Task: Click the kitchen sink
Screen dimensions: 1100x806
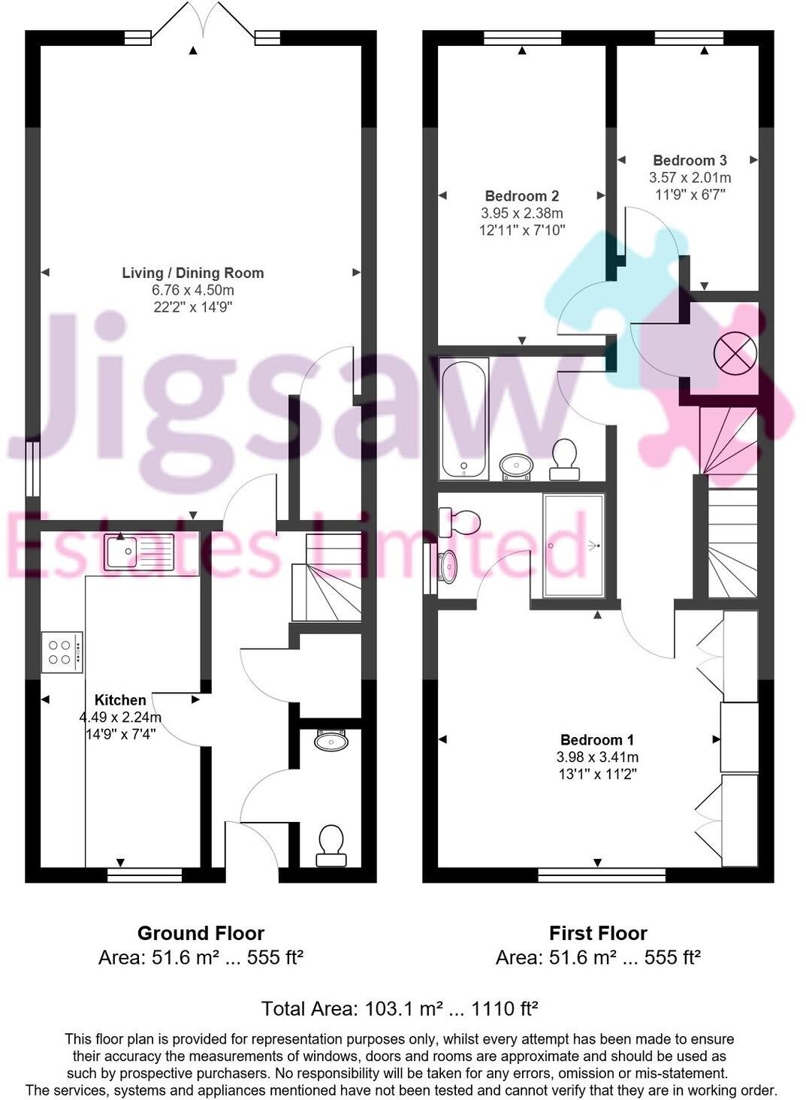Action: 139,551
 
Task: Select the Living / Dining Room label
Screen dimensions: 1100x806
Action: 193,273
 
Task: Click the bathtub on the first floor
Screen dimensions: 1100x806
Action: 464,418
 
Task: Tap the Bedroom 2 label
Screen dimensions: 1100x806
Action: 521,196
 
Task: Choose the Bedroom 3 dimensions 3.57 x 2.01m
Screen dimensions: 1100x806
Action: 690,178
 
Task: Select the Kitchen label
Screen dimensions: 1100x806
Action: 120,700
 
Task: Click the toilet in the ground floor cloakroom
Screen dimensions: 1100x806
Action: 331,845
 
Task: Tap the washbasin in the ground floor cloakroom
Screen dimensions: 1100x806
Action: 331,741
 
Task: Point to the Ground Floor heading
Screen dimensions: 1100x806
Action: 201,933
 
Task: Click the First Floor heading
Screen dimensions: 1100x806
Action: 598,933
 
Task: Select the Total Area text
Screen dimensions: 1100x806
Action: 400,1008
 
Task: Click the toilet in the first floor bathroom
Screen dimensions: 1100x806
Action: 564,458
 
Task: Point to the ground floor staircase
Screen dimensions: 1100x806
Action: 327,578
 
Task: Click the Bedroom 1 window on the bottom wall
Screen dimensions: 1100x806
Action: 602,875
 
